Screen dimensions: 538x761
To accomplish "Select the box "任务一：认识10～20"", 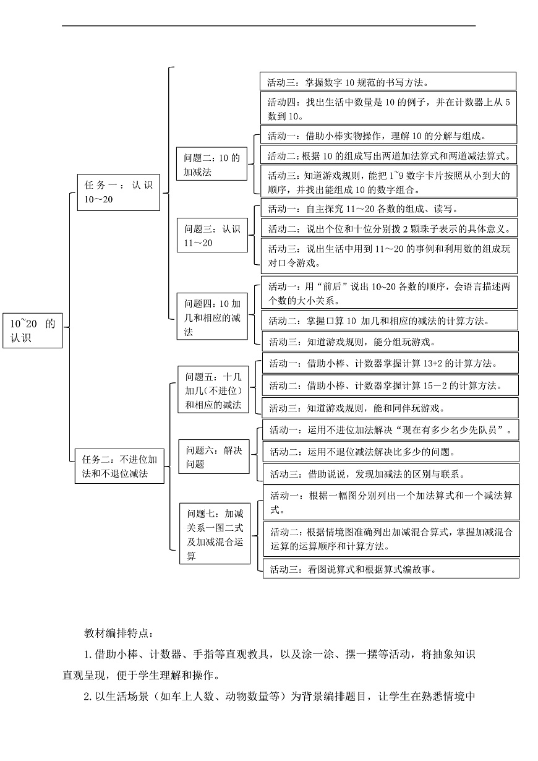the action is point(118,192).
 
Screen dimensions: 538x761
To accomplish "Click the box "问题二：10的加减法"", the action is point(211,165).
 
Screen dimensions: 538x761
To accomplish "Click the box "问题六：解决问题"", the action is point(214,457).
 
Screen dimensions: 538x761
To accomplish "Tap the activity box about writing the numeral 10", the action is point(388,81).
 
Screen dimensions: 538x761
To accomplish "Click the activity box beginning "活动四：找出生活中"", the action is point(388,108).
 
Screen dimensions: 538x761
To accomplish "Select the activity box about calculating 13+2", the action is point(390,363).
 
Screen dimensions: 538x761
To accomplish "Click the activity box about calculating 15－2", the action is point(390,385).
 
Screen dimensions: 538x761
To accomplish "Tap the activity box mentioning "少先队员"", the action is point(390,429).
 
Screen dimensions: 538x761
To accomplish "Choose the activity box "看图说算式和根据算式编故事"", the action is point(390,569).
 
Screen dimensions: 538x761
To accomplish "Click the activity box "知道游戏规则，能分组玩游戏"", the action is point(389,340).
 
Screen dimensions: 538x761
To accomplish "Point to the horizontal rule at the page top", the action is point(269,25).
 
